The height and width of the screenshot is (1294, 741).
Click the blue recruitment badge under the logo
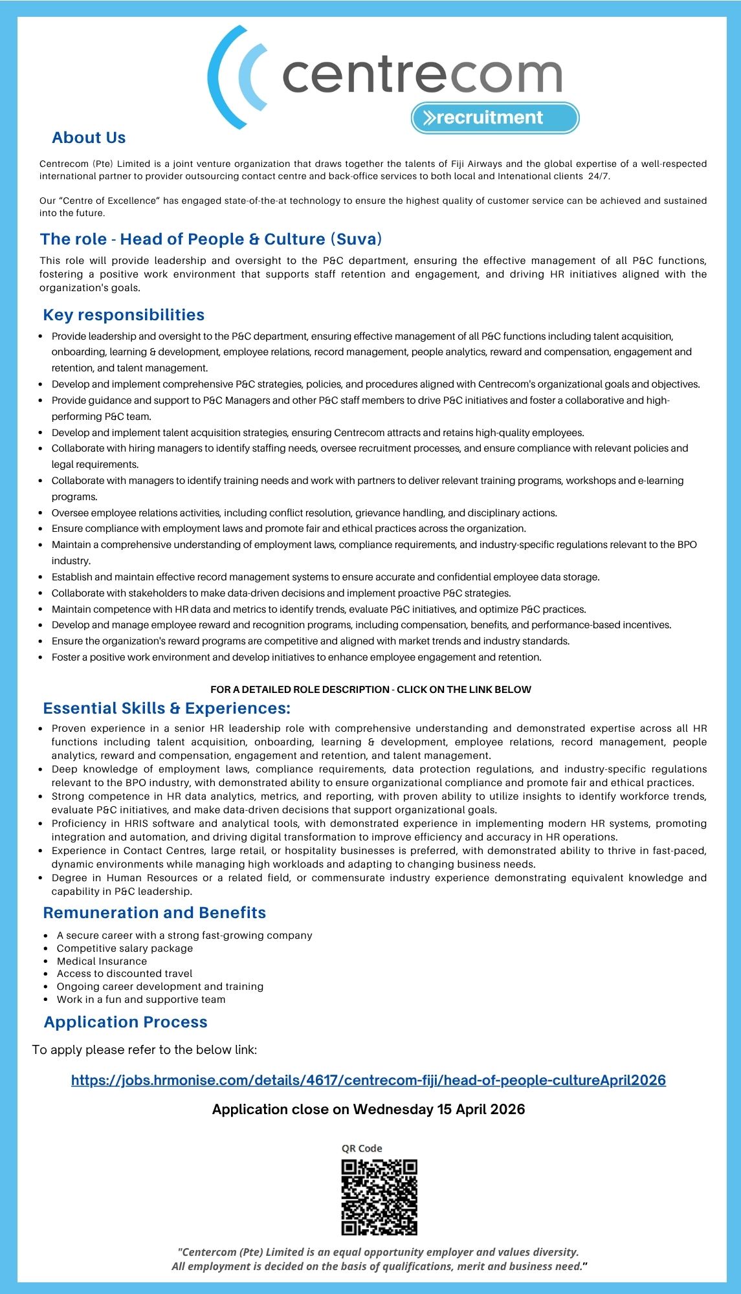tap(494, 118)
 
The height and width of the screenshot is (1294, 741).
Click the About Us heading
tap(89, 138)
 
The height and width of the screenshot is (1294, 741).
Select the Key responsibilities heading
tap(124, 315)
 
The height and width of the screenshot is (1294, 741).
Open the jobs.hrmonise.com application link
tap(368, 1080)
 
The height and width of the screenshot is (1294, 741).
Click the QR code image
tap(379, 1197)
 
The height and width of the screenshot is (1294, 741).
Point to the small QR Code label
tap(362, 1148)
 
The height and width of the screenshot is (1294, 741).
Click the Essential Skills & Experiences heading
tap(167, 708)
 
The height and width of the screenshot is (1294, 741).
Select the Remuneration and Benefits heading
tap(155, 913)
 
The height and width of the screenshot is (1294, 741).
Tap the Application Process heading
tap(126, 1022)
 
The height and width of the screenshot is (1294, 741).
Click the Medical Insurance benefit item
tap(102, 961)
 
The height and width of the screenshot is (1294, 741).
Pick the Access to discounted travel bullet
tap(124, 974)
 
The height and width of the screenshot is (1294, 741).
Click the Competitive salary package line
tap(125, 949)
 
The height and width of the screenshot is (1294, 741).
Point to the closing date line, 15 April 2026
tap(368, 1110)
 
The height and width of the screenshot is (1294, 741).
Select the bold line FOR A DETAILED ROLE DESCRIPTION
tap(371, 690)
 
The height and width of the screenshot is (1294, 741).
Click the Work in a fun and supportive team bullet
tap(141, 1000)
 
